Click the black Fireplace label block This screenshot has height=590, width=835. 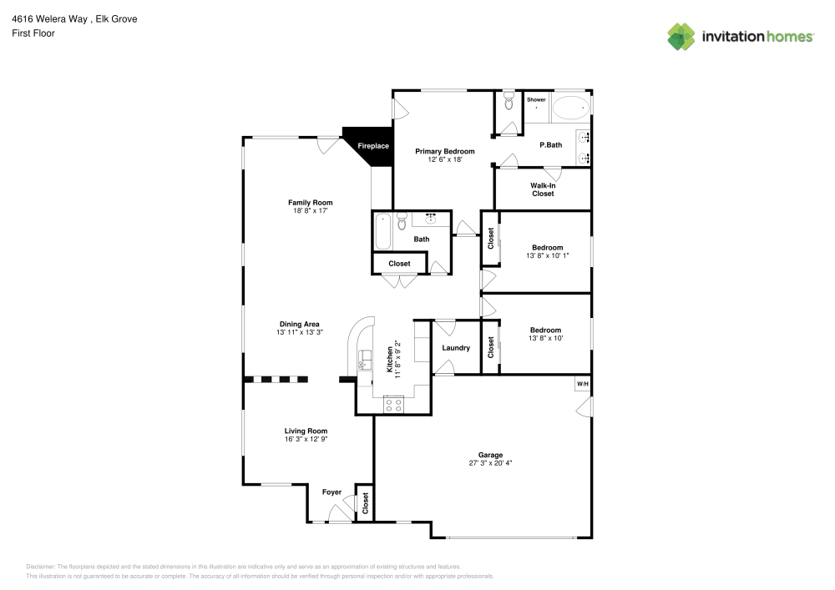coord(372,147)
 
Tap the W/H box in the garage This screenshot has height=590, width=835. coord(582,384)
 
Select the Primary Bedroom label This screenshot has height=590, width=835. coord(445,151)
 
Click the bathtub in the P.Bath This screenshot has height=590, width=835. coord(570,108)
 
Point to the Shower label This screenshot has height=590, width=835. coord(535,100)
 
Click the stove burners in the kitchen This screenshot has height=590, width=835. coord(392,406)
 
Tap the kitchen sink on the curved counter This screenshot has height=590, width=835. coord(363,362)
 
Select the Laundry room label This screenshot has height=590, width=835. coord(456,348)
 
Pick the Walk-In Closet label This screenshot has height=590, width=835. coord(543,189)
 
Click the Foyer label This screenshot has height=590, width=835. coord(331,492)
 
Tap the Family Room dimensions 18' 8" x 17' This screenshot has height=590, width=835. coord(310,211)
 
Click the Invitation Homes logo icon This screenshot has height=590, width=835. coord(681,36)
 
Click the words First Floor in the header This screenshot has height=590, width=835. coord(33,33)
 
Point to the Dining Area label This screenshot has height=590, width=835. coord(299,324)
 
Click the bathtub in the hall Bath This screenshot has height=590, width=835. coord(383,231)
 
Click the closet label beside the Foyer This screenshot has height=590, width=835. coord(365,502)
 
